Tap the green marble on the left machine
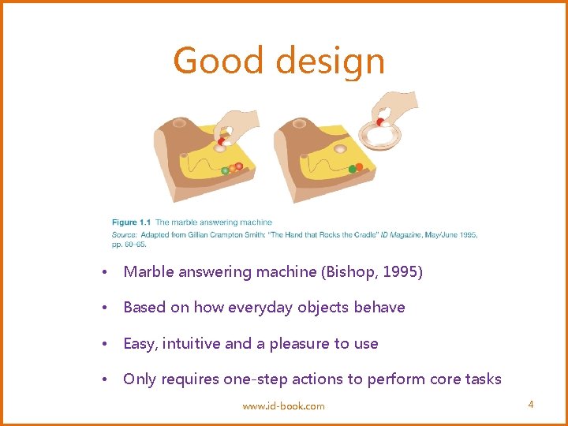coord(225,170)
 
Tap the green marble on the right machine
coord(353,169)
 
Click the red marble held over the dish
coord(380,121)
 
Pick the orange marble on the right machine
coord(360,166)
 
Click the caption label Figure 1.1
coord(131,222)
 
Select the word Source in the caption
coord(124,234)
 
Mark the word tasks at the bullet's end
coord(481,379)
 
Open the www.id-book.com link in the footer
coord(283,405)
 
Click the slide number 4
coord(531,405)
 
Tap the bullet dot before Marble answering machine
coord(105,273)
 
